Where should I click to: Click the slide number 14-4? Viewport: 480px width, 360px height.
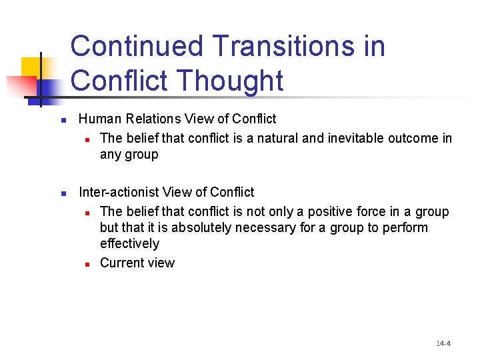coord(443,343)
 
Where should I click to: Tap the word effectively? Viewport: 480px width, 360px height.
coord(129,244)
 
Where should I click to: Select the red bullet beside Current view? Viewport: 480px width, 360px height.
coord(87,264)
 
